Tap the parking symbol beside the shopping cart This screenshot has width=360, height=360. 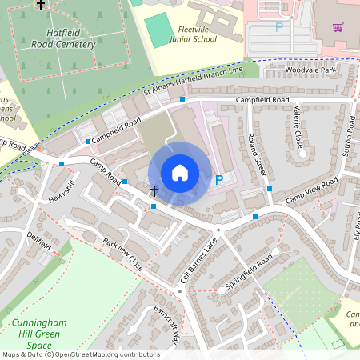pyautogui.click(x=279, y=26)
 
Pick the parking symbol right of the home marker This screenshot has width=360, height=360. pyautogui.click(x=219, y=180)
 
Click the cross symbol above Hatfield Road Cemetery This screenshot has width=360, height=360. pyautogui.click(x=42, y=5)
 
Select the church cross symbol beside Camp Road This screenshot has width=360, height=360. pyautogui.click(x=154, y=190)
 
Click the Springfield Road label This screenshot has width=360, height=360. pyautogui.click(x=248, y=271)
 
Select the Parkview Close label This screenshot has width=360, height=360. pyautogui.click(x=122, y=254)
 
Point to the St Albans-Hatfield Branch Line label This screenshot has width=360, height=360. pyautogui.click(x=192, y=82)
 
